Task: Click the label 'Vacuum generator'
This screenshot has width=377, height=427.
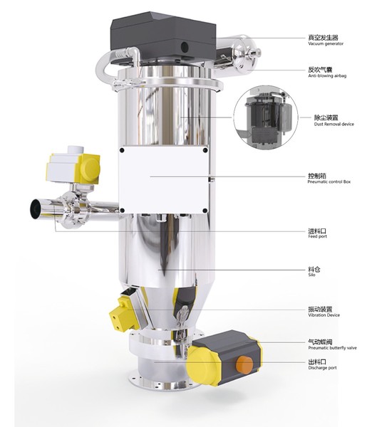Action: [326, 43]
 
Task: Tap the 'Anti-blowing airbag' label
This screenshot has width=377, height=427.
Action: [327, 75]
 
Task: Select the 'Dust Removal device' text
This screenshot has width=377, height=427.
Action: [334, 124]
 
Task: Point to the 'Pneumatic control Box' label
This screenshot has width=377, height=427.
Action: [329, 181]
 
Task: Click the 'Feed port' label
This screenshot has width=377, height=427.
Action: [318, 236]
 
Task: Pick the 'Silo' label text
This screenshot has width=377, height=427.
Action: [312, 275]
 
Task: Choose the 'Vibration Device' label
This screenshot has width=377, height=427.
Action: [324, 315]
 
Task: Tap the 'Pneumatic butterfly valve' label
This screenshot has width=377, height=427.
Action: [333, 348]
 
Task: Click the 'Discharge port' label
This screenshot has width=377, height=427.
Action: [322, 368]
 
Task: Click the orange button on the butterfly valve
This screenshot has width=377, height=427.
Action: [244, 364]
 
